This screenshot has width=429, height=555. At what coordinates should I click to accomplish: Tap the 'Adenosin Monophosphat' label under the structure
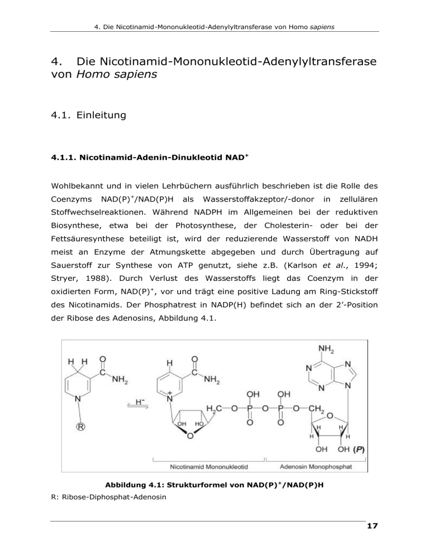tap(316, 464)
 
